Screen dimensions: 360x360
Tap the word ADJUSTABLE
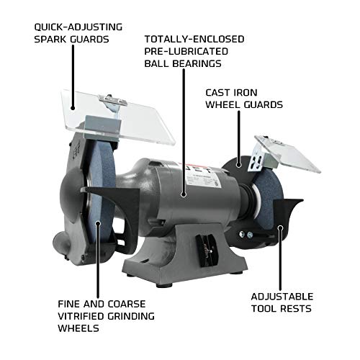click(283, 296)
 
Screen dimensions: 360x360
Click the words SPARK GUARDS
click(71, 39)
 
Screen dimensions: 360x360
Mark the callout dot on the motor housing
click(184, 192)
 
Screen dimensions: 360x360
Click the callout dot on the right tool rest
click(278, 227)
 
